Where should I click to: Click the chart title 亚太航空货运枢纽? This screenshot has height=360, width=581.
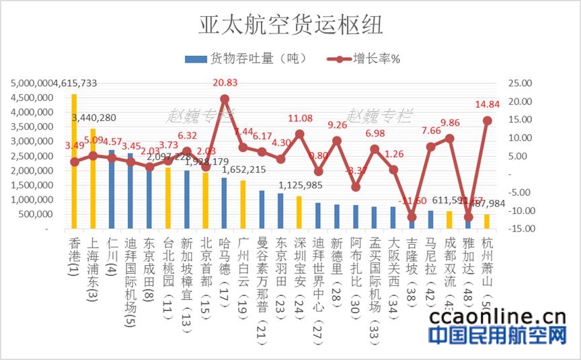click(x=290, y=25)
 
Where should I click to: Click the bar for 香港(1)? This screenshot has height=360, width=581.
click(x=74, y=161)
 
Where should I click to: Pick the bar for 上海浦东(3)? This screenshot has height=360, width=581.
click(x=93, y=179)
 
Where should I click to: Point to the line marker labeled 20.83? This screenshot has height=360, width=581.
click(x=225, y=99)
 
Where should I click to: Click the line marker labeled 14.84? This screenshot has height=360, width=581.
click(x=488, y=120)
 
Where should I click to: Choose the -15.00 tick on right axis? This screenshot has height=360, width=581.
click(x=522, y=229)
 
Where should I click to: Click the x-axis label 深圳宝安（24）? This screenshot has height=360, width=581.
click(x=300, y=266)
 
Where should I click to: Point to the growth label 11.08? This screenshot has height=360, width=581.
click(x=299, y=118)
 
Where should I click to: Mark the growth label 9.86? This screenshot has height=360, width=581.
click(x=449, y=123)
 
